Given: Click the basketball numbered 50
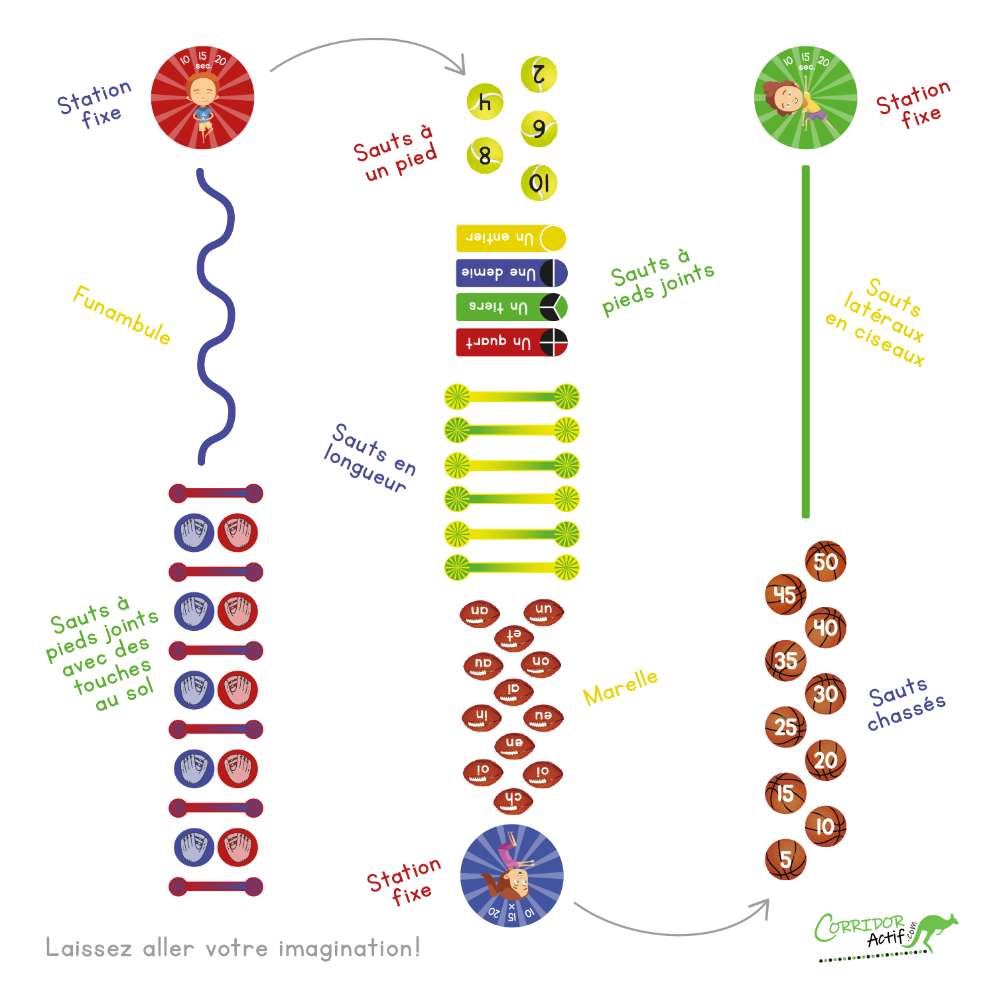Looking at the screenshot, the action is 826,561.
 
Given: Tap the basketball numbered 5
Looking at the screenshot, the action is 786,860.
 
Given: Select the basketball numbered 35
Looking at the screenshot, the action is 786,661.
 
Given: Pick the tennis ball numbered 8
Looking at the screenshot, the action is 485,156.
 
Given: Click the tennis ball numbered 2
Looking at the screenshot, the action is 539,74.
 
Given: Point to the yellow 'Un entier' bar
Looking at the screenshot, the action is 511,238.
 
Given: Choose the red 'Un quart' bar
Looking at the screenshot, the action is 511,342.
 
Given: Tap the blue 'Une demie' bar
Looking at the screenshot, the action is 511,273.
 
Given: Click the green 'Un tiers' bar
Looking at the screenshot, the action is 511,307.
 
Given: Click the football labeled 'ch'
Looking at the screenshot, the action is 513,801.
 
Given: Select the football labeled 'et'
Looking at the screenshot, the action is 513,637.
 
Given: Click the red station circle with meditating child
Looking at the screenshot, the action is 202,98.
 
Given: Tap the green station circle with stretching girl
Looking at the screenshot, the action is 806,98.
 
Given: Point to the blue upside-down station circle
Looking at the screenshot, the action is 512,876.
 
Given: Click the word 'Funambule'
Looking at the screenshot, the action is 121,315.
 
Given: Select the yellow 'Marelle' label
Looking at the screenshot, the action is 621,687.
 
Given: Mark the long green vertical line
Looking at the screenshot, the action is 806,342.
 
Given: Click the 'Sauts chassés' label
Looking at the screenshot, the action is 906,704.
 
